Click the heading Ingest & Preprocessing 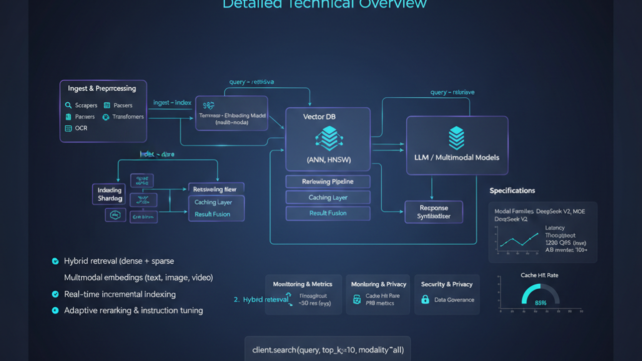point(102,88)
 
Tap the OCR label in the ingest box point(81,128)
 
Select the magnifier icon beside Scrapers point(68,105)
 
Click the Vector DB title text point(319,117)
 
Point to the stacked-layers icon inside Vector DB point(328,138)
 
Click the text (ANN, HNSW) point(328,160)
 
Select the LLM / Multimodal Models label point(456,157)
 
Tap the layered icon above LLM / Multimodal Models point(456,137)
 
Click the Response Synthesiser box point(433,212)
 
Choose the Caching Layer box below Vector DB point(328,198)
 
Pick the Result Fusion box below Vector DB point(328,213)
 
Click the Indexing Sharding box point(109,194)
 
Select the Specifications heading point(512,191)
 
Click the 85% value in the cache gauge point(540,303)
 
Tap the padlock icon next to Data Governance point(425,300)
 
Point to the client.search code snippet point(328,350)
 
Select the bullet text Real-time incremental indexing point(120,294)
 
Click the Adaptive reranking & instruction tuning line point(133,310)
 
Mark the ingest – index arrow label point(172,103)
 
